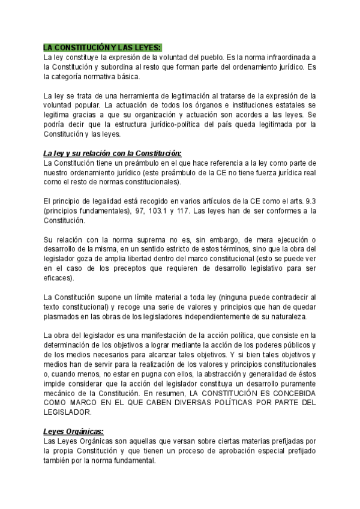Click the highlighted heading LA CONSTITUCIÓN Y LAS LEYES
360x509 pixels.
(x=103, y=47)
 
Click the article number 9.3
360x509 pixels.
(x=309, y=201)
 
